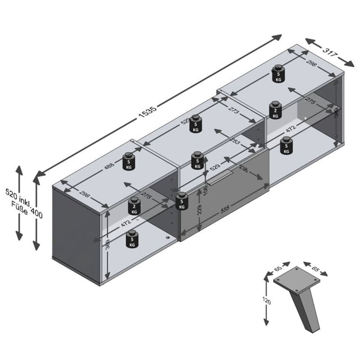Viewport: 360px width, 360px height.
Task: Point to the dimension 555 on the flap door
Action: pos(225,209)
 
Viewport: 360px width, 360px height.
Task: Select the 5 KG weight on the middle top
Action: pos(196,124)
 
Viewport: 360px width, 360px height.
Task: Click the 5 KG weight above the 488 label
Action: pos(129,162)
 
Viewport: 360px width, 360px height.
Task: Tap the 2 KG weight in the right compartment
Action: pos(275,110)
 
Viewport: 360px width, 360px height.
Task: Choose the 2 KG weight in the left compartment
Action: pos(134,206)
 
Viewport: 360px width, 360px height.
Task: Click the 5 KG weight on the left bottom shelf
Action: pos(132,239)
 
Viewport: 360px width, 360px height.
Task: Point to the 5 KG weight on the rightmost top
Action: pos(278,74)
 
